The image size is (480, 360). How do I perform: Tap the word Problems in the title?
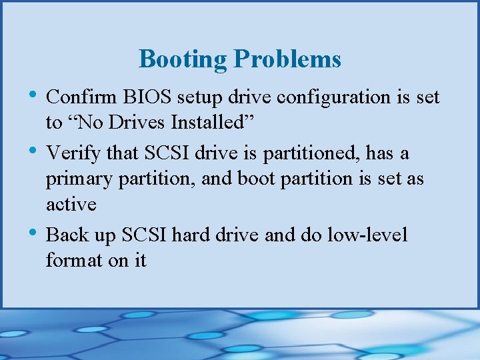[x=287, y=59]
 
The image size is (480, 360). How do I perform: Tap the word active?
[x=71, y=204]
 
